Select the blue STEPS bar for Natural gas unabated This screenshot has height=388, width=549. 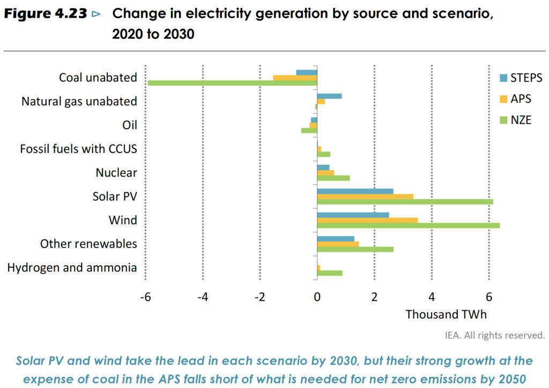click(329, 96)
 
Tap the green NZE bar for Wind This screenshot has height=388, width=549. click(408, 225)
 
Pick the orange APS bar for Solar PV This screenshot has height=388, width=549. click(365, 196)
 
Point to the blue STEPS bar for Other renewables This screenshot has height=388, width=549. click(336, 239)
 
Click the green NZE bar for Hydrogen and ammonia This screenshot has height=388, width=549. click(330, 273)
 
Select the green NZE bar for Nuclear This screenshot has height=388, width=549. click(333, 178)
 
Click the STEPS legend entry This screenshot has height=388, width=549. click(520, 78)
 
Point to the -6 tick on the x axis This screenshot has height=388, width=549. click(144, 297)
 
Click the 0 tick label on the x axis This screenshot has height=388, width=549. click(317, 297)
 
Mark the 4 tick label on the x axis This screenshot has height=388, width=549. click(431, 297)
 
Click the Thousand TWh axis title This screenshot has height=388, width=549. click(446, 314)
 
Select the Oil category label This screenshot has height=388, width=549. click(130, 125)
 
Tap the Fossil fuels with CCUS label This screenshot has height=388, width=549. click(79, 149)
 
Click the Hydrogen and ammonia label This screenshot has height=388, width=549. click(72, 267)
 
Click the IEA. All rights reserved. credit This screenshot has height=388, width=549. click(494, 335)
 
